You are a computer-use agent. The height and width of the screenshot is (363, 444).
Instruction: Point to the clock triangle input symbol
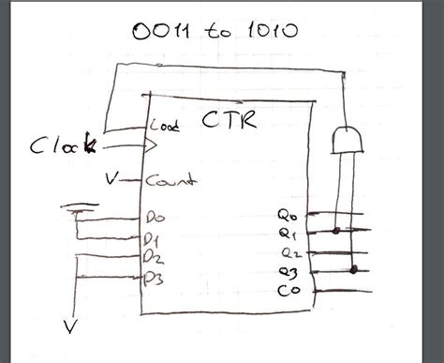[149, 145]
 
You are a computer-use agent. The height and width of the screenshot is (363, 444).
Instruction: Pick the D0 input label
[155, 217]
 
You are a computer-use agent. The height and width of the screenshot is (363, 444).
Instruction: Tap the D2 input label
[155, 255]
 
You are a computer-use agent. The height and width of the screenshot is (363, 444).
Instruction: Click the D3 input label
[155, 276]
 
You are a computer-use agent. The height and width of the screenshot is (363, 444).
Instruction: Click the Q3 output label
[288, 272]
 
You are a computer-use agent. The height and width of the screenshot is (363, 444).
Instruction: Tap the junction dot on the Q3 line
[353, 271]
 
